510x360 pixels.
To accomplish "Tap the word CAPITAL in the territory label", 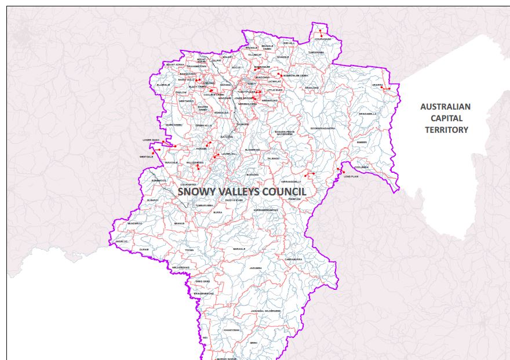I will click(x=446, y=118).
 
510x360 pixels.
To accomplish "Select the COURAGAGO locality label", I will click(x=323, y=39).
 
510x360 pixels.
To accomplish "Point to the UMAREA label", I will click(x=377, y=85).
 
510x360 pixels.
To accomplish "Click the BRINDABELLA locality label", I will click(x=367, y=114).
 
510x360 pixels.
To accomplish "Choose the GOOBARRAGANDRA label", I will click(x=323, y=128).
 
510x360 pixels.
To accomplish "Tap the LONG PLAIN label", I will click(x=351, y=176).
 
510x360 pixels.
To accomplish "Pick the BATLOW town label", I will click(x=227, y=137).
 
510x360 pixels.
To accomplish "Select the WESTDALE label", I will click(x=146, y=157).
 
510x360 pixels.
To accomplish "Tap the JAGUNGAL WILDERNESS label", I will click(x=266, y=311).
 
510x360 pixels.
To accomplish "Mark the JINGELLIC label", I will click(x=121, y=241).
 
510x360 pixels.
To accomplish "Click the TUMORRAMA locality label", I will click(x=316, y=52).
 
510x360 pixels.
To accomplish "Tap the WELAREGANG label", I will click(x=181, y=267).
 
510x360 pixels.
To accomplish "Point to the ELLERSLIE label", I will click(x=163, y=85).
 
